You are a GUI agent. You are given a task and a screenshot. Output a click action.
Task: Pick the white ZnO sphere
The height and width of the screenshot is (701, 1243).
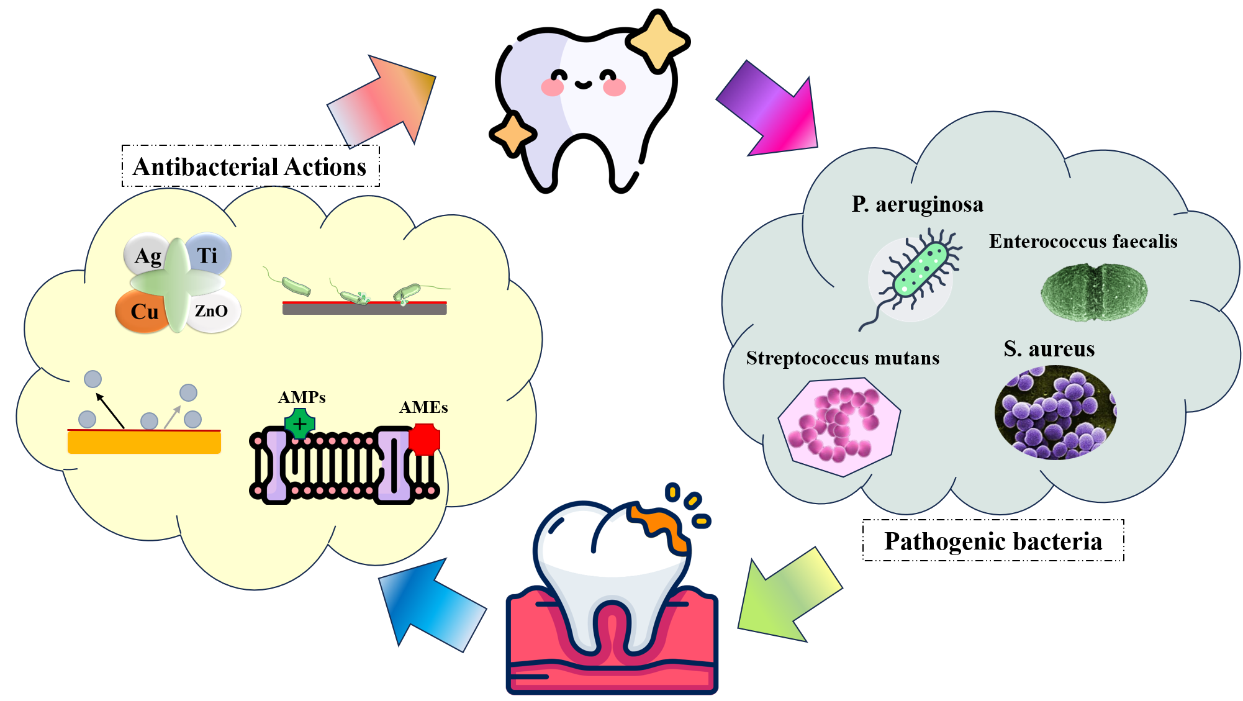[212, 310]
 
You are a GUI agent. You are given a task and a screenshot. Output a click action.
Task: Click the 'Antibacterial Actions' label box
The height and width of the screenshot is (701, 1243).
[250, 166]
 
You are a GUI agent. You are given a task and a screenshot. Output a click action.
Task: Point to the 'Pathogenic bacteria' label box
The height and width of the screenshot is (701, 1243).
[993, 541]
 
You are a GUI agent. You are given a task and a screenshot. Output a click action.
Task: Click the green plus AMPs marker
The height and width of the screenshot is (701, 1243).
[300, 424]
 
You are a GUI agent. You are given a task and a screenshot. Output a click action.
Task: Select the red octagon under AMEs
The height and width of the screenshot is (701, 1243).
[425, 439]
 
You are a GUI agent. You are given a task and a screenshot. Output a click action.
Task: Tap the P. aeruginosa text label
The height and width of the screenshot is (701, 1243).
[917, 204]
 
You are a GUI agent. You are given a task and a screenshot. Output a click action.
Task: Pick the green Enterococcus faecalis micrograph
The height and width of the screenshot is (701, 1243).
[1094, 292]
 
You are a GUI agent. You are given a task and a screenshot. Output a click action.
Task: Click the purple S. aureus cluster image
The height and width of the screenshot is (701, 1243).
[1055, 413]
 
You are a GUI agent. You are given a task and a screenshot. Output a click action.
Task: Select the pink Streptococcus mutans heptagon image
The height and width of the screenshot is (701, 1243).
[839, 427]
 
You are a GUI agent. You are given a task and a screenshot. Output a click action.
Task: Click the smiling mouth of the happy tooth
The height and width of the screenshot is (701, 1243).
[583, 84]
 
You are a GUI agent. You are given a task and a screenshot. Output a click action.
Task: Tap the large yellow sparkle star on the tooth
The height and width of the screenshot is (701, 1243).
[658, 40]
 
